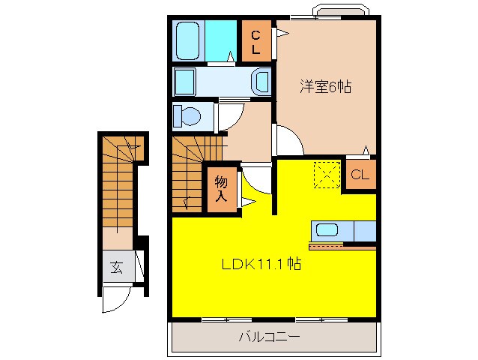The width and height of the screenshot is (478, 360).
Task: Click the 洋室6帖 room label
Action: click(327, 86)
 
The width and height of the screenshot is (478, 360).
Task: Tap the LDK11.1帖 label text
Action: click(261, 264)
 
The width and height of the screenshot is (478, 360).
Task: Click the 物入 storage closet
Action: click(222, 188)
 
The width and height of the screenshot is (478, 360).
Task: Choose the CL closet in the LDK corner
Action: click(360, 175)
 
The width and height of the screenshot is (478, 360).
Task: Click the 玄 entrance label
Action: click(118, 267)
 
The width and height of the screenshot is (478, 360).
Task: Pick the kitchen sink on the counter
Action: click(327, 231)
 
